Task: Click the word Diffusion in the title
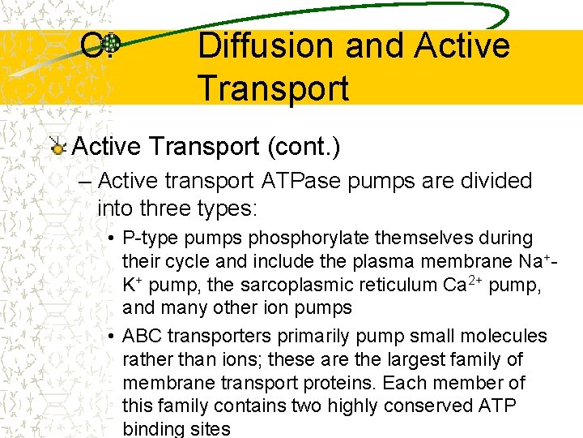point(265,45)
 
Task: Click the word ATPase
point(310,180)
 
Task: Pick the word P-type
point(152,238)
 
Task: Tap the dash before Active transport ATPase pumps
point(86,181)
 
